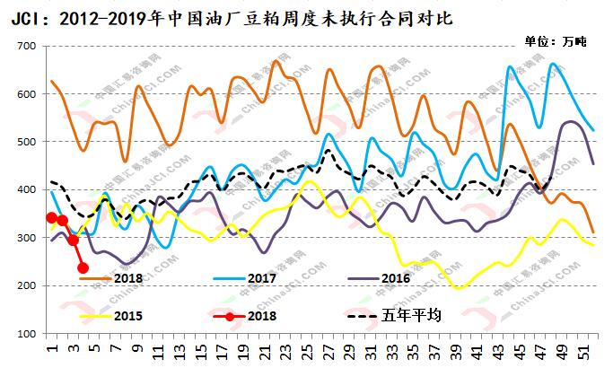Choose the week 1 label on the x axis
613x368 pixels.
tap(51, 347)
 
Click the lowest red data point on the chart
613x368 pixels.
tap(83, 267)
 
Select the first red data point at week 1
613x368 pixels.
tap(51, 217)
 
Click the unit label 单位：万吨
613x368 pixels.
tap(555, 42)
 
